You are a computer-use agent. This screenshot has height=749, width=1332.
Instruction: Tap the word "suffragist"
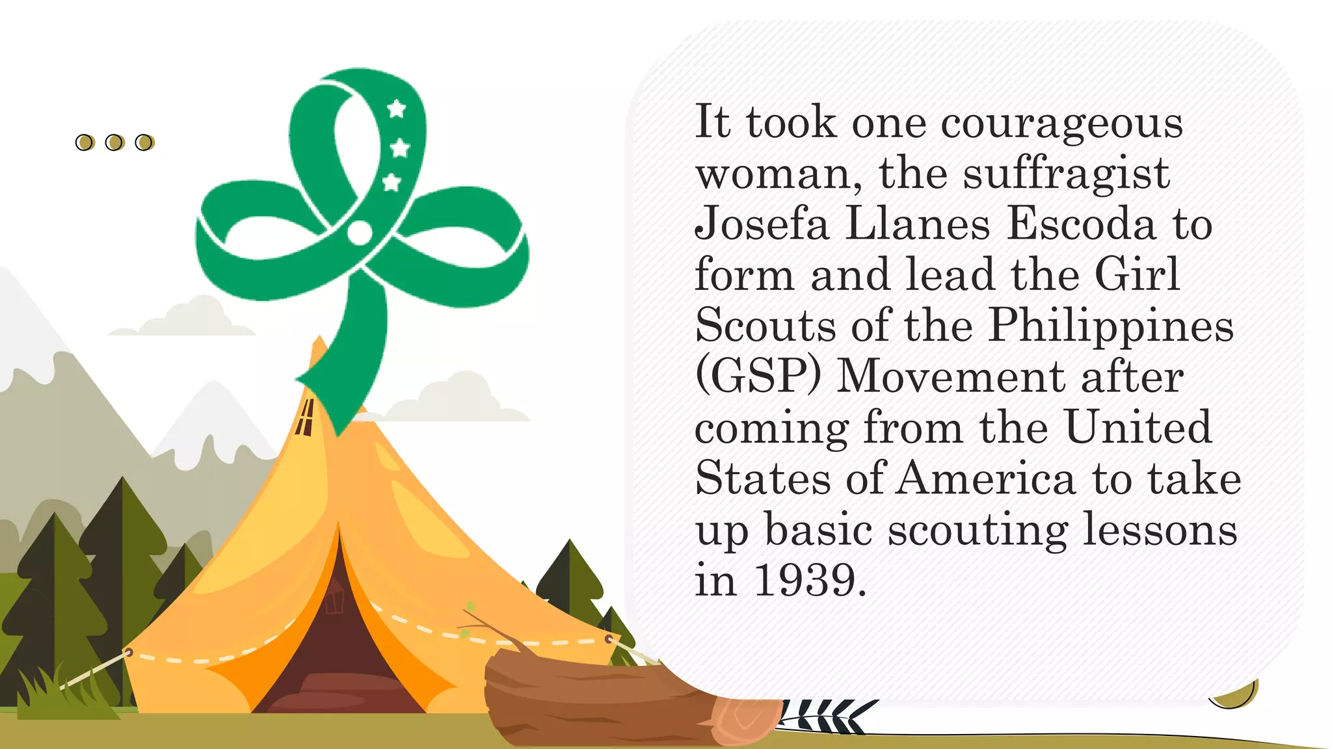(x=1066, y=174)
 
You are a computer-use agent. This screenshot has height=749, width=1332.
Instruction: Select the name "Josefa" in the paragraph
(x=762, y=224)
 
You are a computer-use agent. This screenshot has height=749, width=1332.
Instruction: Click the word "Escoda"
(x=1081, y=224)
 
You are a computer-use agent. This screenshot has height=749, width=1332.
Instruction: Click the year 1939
(x=805, y=580)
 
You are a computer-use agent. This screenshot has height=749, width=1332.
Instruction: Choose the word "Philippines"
(x=1111, y=326)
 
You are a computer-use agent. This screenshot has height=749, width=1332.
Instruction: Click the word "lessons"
(x=1160, y=530)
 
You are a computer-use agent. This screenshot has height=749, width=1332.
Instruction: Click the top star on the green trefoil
(x=397, y=109)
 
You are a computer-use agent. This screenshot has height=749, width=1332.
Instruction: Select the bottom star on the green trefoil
(x=392, y=183)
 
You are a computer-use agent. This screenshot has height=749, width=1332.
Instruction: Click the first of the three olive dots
(x=85, y=142)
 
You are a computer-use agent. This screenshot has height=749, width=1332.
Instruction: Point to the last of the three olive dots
(x=144, y=142)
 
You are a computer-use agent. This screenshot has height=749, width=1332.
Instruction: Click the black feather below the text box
(x=826, y=715)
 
